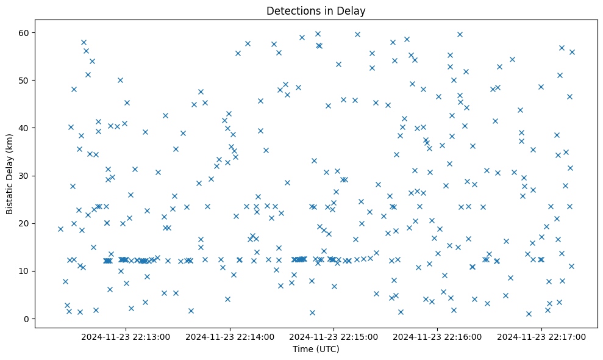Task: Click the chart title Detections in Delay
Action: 316,11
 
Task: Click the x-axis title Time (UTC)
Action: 316,350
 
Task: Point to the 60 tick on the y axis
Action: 25,32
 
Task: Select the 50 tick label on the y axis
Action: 25,80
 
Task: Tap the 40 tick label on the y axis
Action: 25,128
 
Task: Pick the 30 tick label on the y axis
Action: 25,176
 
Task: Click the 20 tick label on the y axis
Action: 25,223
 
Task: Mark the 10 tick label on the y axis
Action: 25,271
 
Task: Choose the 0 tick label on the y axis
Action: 27,319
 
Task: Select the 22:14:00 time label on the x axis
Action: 230,336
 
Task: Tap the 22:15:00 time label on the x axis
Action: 334,336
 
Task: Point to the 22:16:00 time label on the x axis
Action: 438,336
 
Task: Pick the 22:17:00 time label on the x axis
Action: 541,336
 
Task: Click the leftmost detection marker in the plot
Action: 60,229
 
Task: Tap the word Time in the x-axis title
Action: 303,350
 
